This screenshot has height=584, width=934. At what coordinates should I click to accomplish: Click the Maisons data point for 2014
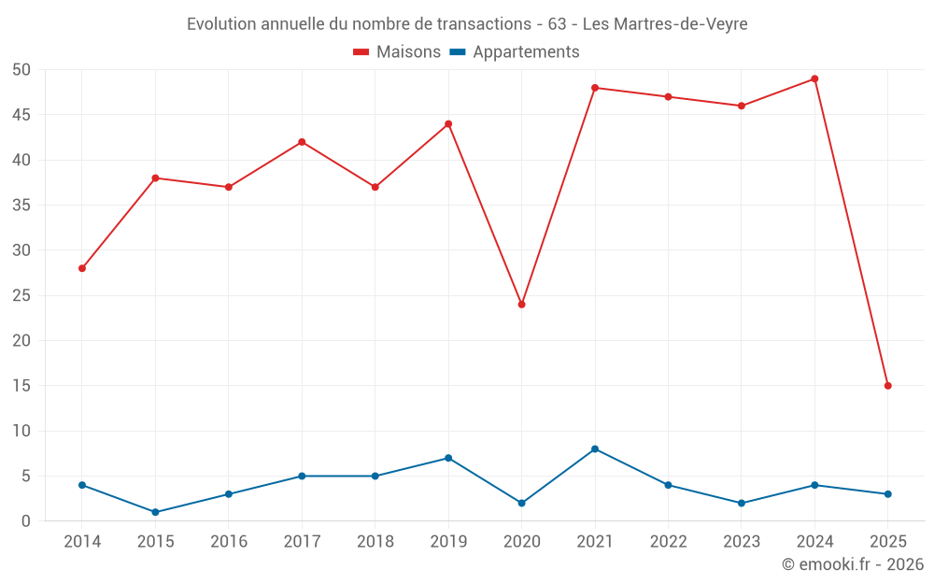(x=82, y=268)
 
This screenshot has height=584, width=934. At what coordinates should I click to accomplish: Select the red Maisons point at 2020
(x=521, y=305)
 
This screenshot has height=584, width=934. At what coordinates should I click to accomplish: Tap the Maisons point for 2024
(x=814, y=78)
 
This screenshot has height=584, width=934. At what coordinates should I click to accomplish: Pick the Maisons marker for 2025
(x=887, y=386)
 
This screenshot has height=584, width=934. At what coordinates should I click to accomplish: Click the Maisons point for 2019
(x=448, y=124)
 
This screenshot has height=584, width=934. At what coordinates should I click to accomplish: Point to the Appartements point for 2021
(x=595, y=449)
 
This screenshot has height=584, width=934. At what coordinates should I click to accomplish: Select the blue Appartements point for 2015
(x=155, y=512)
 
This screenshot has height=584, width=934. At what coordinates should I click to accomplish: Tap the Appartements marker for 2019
(x=448, y=458)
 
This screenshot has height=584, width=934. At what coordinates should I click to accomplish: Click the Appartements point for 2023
(x=742, y=504)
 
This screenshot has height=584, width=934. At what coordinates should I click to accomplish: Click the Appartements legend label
(x=526, y=52)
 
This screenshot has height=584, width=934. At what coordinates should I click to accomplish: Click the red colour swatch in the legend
(x=361, y=52)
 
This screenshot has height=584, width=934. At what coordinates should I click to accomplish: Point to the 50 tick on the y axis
(x=21, y=70)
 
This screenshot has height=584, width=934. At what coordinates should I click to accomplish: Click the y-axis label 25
(x=21, y=296)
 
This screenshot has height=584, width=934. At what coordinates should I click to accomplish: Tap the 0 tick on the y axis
(x=26, y=521)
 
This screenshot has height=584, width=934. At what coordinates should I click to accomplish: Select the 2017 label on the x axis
(x=302, y=542)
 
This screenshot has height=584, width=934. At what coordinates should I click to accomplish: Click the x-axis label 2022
(x=668, y=542)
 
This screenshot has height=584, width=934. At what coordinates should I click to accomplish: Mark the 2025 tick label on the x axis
(x=887, y=542)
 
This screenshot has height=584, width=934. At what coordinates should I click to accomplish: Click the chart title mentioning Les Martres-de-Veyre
(x=467, y=24)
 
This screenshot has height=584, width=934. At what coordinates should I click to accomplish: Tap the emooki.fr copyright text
(x=853, y=564)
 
